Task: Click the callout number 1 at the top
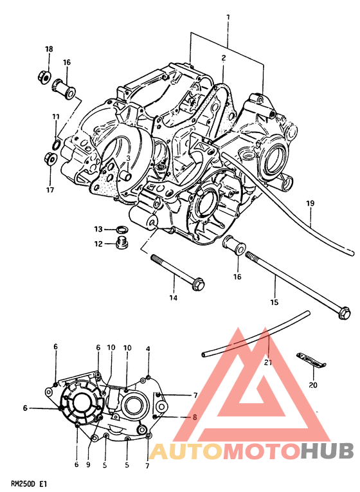click(228, 17)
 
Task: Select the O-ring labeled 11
click(57, 145)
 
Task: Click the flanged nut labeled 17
click(50, 158)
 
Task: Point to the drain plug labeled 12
click(123, 243)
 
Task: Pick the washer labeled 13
click(121, 230)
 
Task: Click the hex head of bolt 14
click(198, 285)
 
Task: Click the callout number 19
click(310, 204)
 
